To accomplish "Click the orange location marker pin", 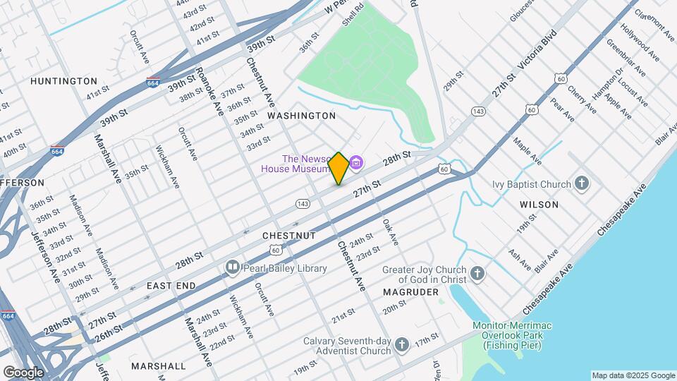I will (x=338, y=168).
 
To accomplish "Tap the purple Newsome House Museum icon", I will (x=357, y=164).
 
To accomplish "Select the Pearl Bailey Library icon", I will (x=232, y=267).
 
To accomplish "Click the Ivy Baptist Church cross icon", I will (x=582, y=184).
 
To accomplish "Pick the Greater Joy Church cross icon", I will (x=477, y=274).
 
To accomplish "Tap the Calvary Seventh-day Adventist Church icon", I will (x=402, y=345).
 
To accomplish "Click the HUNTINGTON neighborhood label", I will (x=63, y=81).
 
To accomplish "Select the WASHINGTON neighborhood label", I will (x=301, y=115).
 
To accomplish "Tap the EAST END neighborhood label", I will (x=171, y=286).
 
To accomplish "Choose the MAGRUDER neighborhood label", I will (x=406, y=291).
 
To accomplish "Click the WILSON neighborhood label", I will (x=539, y=205).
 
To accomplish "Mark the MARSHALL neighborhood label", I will (x=159, y=366).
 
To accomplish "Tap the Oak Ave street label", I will (x=390, y=232).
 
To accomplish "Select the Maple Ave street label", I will (x=527, y=151).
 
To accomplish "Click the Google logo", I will (x=23, y=373).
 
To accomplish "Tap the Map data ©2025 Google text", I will (x=633, y=375).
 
